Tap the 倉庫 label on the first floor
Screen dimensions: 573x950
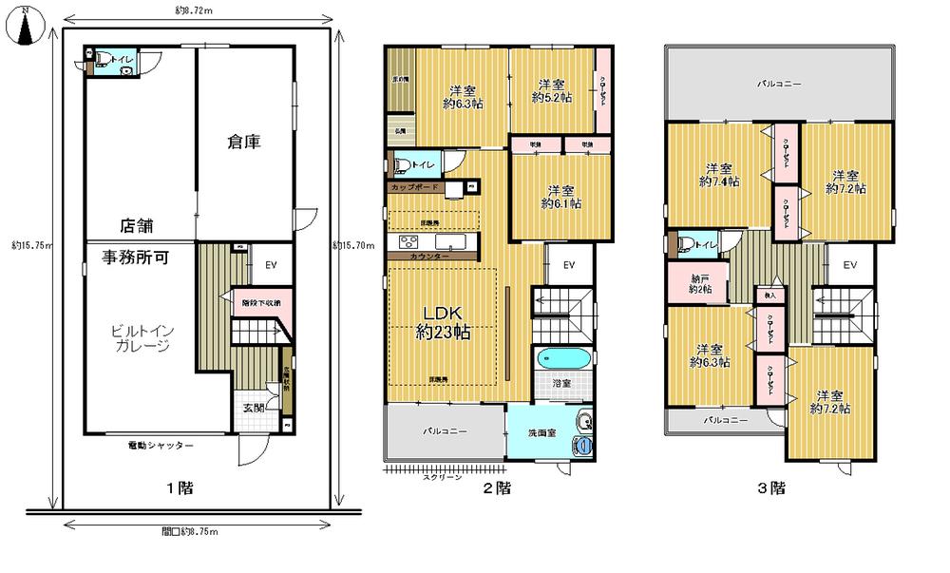244,142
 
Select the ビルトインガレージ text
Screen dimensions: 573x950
139,338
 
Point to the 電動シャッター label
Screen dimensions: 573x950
161,445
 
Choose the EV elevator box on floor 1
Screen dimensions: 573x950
271,266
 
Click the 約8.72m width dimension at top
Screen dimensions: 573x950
194,11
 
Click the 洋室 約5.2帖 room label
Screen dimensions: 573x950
552,89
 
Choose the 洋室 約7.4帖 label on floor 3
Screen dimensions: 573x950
719,173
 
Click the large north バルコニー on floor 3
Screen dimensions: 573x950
779,83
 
